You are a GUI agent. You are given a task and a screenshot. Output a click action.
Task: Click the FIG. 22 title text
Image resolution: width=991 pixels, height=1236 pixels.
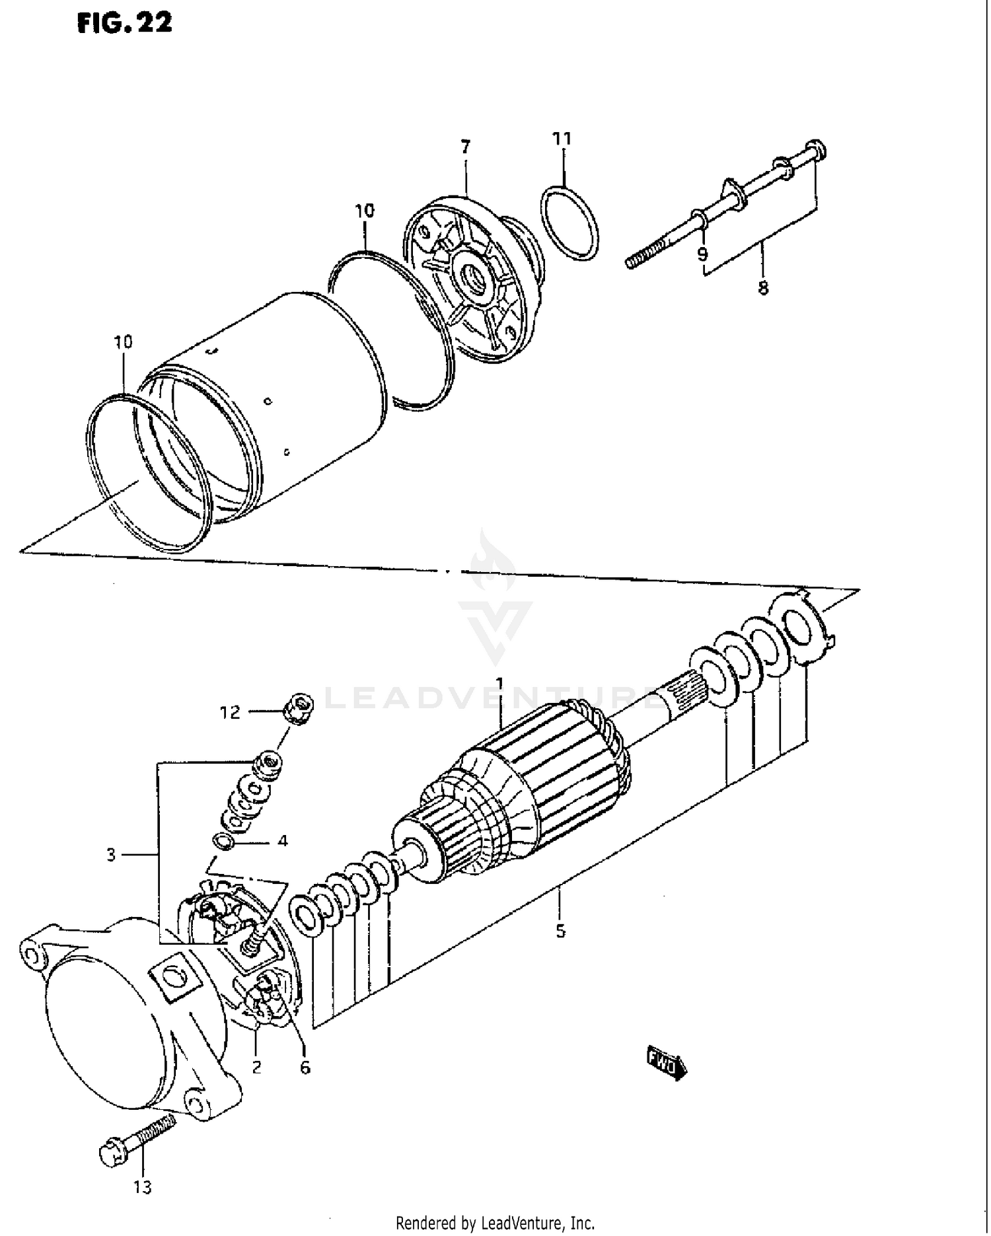(124, 22)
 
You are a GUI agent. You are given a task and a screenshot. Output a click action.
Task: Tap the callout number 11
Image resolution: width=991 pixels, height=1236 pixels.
(562, 139)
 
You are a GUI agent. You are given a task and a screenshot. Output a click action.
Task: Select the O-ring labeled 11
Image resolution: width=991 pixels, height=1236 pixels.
(572, 223)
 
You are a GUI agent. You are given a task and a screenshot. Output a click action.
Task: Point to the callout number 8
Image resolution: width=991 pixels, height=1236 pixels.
(763, 288)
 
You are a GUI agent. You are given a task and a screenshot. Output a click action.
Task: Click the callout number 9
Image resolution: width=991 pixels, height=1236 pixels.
(702, 254)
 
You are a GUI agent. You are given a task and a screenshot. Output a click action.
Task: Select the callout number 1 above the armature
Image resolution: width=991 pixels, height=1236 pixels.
(500, 682)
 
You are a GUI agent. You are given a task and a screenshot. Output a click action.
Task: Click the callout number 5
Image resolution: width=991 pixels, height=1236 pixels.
(560, 931)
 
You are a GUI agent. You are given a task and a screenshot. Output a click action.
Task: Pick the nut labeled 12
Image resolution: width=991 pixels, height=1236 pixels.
(298, 710)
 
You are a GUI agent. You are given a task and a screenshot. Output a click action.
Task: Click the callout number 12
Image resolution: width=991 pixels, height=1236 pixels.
(231, 713)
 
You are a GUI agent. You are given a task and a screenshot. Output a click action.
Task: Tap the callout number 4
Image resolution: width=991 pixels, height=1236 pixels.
(283, 841)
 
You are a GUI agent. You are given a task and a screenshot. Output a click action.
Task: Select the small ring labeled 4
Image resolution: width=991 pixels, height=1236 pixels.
(223, 842)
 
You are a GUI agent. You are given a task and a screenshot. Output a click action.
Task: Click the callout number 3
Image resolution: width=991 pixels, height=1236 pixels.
(111, 855)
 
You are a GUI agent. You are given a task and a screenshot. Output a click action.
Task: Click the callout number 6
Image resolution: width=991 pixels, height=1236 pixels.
(305, 1068)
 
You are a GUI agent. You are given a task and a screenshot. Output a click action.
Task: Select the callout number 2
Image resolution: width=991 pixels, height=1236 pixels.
(256, 1066)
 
